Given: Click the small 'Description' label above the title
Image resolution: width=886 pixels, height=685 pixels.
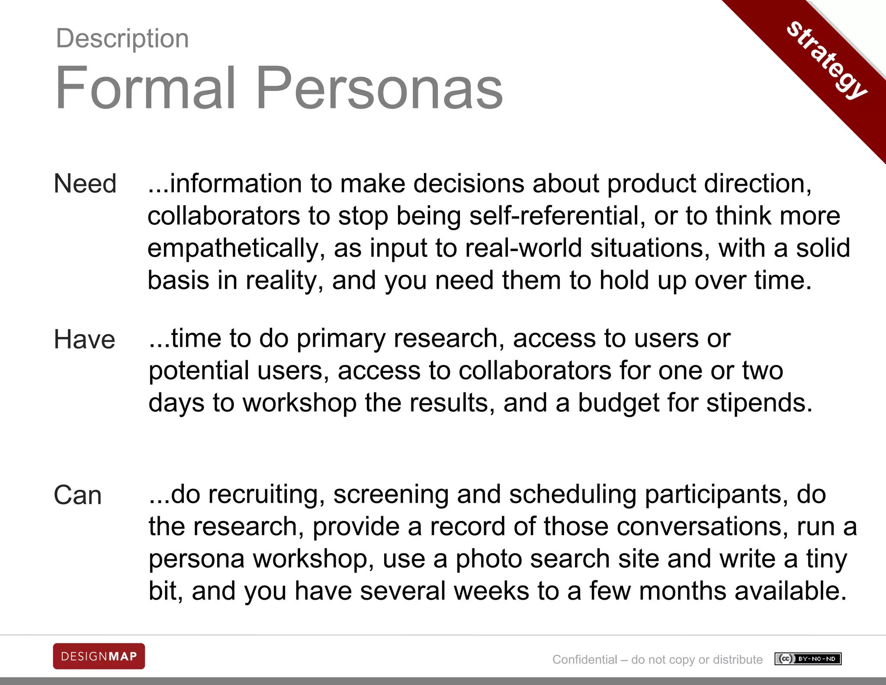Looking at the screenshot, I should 122,39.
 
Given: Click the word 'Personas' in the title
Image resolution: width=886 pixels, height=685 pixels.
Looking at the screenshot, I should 379,88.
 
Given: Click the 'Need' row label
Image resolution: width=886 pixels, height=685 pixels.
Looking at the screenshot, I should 85,184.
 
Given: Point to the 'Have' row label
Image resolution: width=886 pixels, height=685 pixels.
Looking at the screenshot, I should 84,339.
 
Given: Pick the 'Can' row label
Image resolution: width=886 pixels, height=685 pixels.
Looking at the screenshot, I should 78,495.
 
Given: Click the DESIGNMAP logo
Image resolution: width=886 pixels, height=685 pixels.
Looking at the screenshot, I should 99,656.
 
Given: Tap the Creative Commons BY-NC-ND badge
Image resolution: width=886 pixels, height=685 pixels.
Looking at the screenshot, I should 808,659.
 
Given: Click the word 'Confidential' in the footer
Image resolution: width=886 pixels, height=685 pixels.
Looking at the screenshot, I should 584,659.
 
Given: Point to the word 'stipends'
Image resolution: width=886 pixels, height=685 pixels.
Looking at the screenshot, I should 760,403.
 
